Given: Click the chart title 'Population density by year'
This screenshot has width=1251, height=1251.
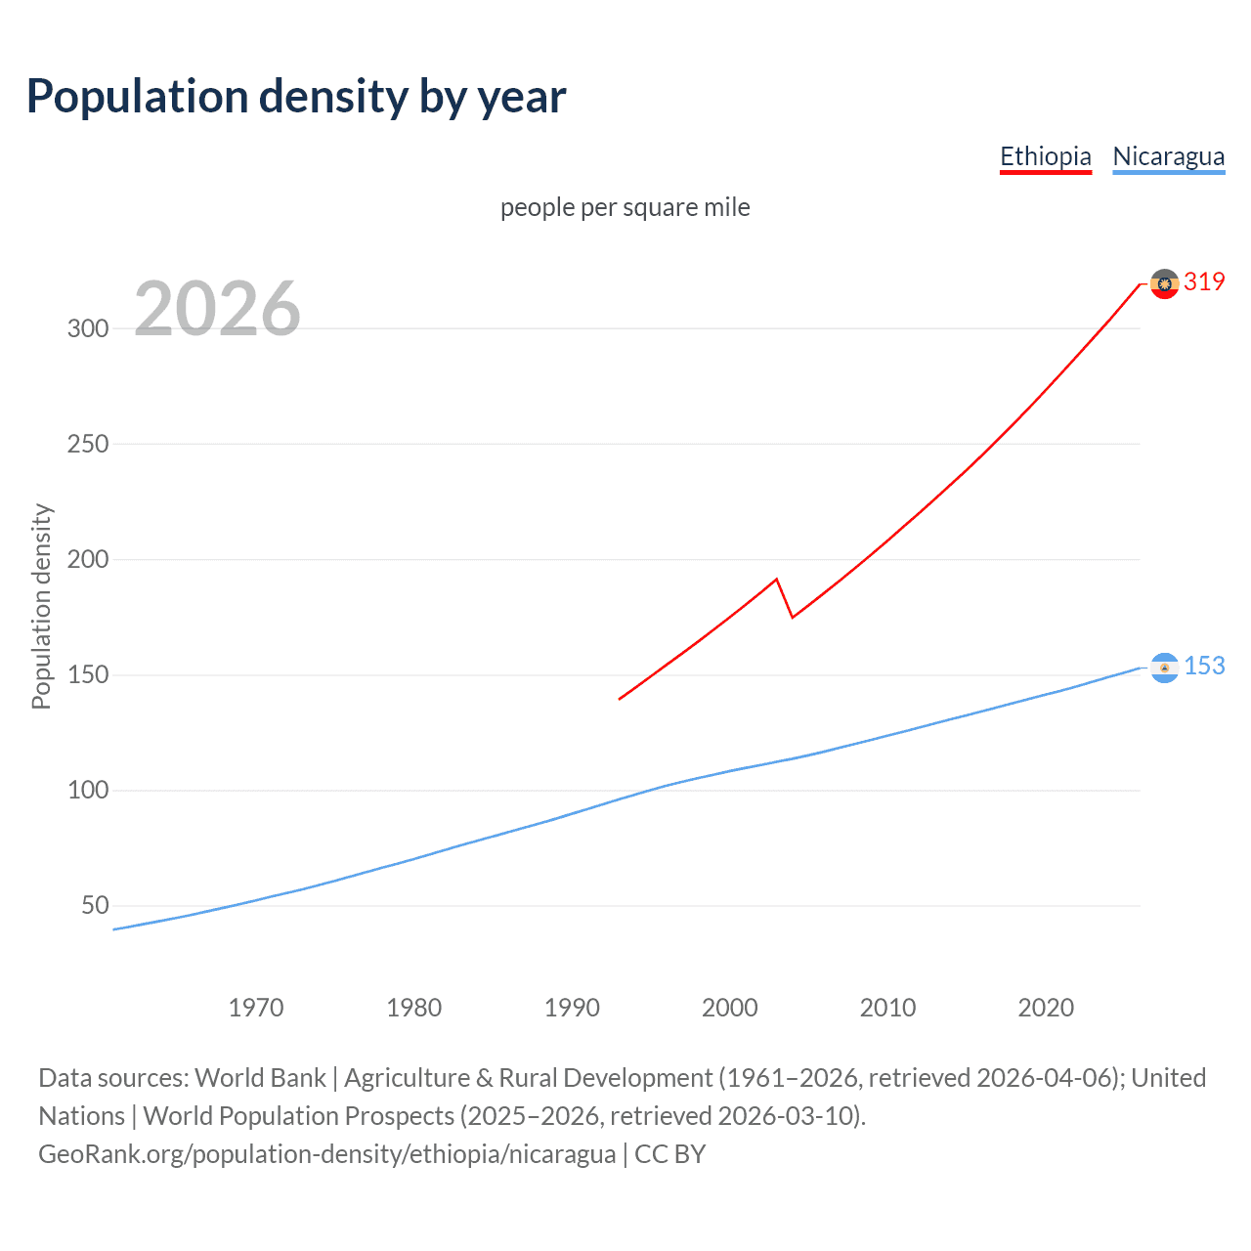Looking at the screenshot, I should coord(296,97).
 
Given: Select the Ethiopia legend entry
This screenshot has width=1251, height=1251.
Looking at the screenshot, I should coord(1045,156).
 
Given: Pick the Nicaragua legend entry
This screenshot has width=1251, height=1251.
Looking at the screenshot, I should coord(1168,156).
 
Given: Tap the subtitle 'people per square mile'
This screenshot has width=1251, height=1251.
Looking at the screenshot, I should coord(625,207).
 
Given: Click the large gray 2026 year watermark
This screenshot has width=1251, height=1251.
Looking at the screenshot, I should coord(217,310).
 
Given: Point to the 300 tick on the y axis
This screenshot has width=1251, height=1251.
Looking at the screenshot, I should coord(88,328).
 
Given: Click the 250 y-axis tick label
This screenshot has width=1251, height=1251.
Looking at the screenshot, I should coord(88,444).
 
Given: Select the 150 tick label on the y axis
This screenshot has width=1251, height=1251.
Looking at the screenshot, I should coord(88,675).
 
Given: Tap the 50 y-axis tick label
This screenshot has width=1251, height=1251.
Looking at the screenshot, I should coord(95,906).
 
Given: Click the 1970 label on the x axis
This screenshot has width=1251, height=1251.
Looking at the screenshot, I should coord(256,1008).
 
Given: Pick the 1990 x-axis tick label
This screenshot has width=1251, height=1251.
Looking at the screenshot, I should coord(572,1008).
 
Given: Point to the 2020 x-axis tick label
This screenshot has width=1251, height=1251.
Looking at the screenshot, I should coord(1046,1008).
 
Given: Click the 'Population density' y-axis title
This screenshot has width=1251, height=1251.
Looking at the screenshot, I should coord(41,606).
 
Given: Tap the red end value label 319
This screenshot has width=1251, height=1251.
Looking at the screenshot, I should coord(1204,282).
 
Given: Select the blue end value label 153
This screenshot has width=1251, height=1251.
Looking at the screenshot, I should coord(1204,667).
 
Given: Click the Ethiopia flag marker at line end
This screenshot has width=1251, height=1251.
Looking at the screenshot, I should coord(1164,283).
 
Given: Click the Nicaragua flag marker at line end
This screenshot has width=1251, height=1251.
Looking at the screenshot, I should coord(1164,668).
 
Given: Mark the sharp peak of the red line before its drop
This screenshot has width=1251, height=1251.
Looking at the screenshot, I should coord(776,580).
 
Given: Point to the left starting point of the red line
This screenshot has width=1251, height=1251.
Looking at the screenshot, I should coord(620,699).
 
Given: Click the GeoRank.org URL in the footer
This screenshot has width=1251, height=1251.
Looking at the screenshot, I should coord(327,1154).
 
